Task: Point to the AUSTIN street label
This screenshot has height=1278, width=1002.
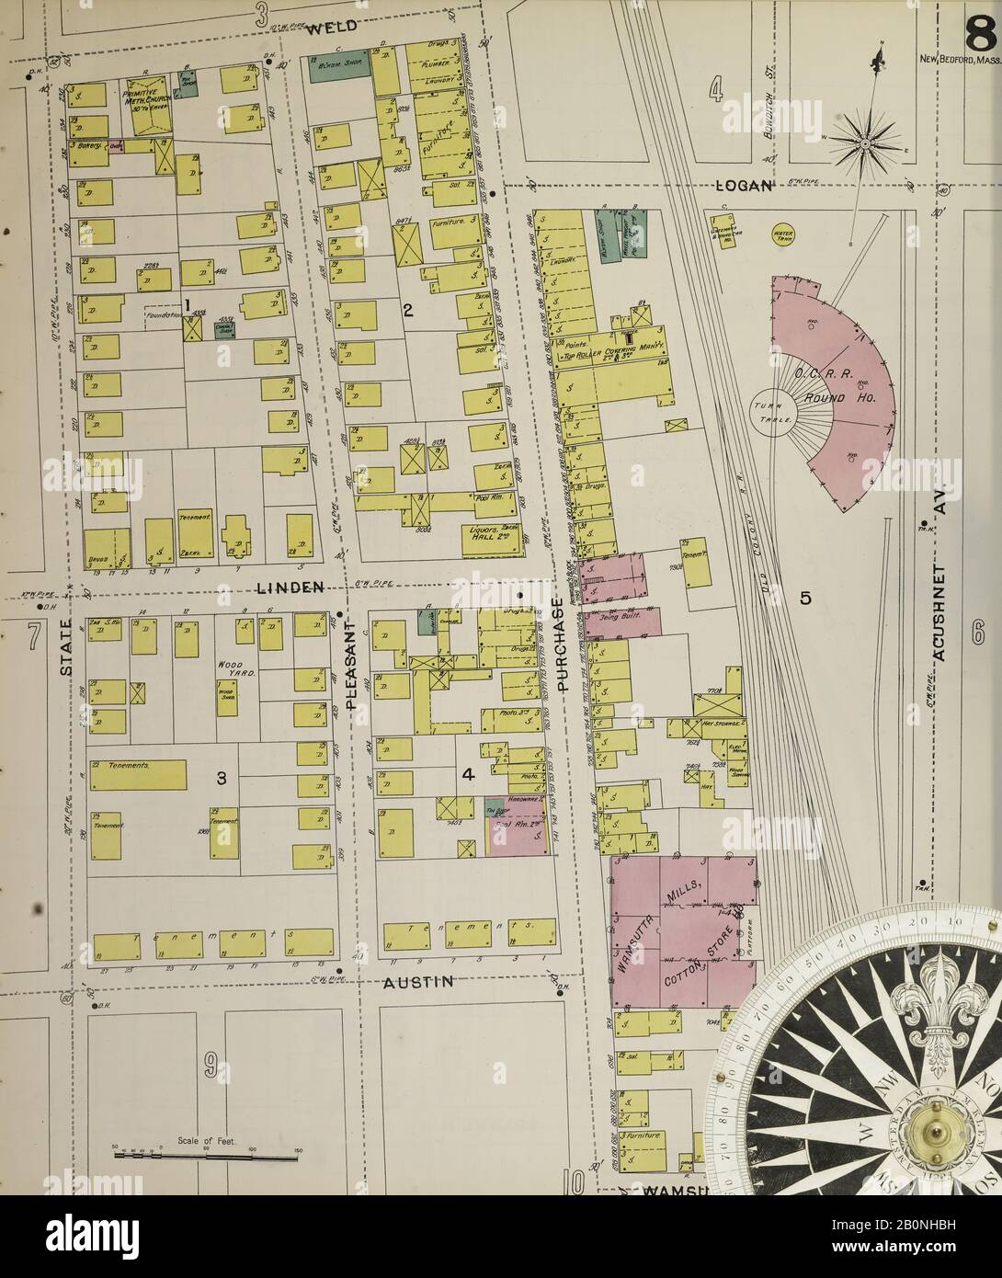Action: click(x=419, y=982)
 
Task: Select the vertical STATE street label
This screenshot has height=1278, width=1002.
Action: click(x=66, y=650)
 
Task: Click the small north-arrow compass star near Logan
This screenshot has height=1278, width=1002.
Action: click(x=865, y=143)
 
